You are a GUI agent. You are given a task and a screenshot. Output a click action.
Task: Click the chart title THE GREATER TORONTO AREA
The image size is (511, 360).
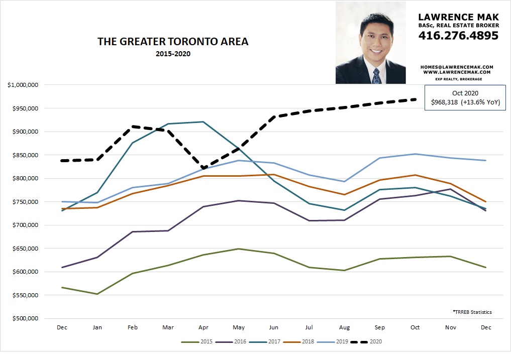[x=173, y=42]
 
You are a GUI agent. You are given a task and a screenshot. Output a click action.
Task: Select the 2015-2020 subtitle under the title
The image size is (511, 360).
[x=173, y=53]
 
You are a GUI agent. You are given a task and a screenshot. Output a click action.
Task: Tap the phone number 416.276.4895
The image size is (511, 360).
[x=458, y=36]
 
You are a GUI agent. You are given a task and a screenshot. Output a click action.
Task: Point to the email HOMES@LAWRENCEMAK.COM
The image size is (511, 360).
[x=458, y=67]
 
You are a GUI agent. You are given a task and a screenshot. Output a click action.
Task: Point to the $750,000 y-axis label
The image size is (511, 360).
[x=25, y=202]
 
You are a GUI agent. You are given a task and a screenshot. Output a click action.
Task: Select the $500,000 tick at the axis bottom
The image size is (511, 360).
[x=25, y=318]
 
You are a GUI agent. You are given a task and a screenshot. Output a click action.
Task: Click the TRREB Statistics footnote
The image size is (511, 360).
[x=472, y=312]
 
